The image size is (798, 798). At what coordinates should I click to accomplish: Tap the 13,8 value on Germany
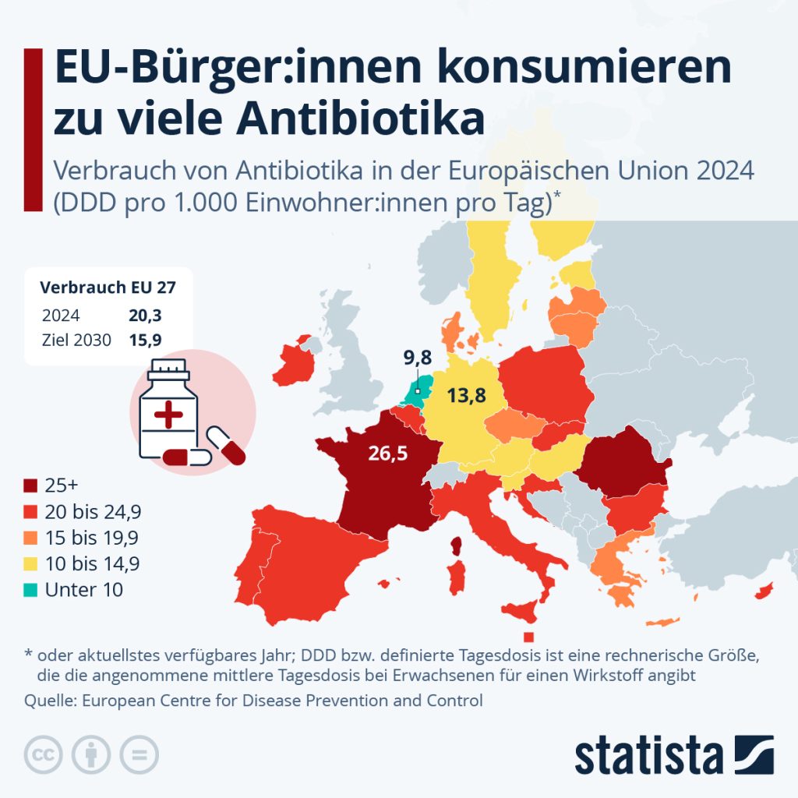pos(466,396)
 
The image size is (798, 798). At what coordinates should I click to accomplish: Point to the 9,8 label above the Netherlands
pos(418,359)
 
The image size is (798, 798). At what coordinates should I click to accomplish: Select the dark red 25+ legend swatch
pos(32,485)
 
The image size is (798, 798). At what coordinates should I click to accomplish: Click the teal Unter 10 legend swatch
pos(32,590)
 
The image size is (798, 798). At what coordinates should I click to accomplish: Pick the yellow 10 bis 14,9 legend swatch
pos(32,563)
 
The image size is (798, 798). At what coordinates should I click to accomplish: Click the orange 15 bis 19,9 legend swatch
pos(32,538)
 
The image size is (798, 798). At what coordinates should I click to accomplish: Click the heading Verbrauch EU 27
pos(108,287)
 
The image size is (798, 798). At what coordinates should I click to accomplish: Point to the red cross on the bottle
pos(168,415)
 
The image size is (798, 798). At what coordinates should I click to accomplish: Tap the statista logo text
pos(648,754)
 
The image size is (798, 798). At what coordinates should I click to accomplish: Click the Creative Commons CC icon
pos(44,754)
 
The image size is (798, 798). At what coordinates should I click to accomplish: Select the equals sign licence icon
pos(139,754)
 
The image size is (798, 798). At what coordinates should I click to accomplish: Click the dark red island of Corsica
pos(458,545)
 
